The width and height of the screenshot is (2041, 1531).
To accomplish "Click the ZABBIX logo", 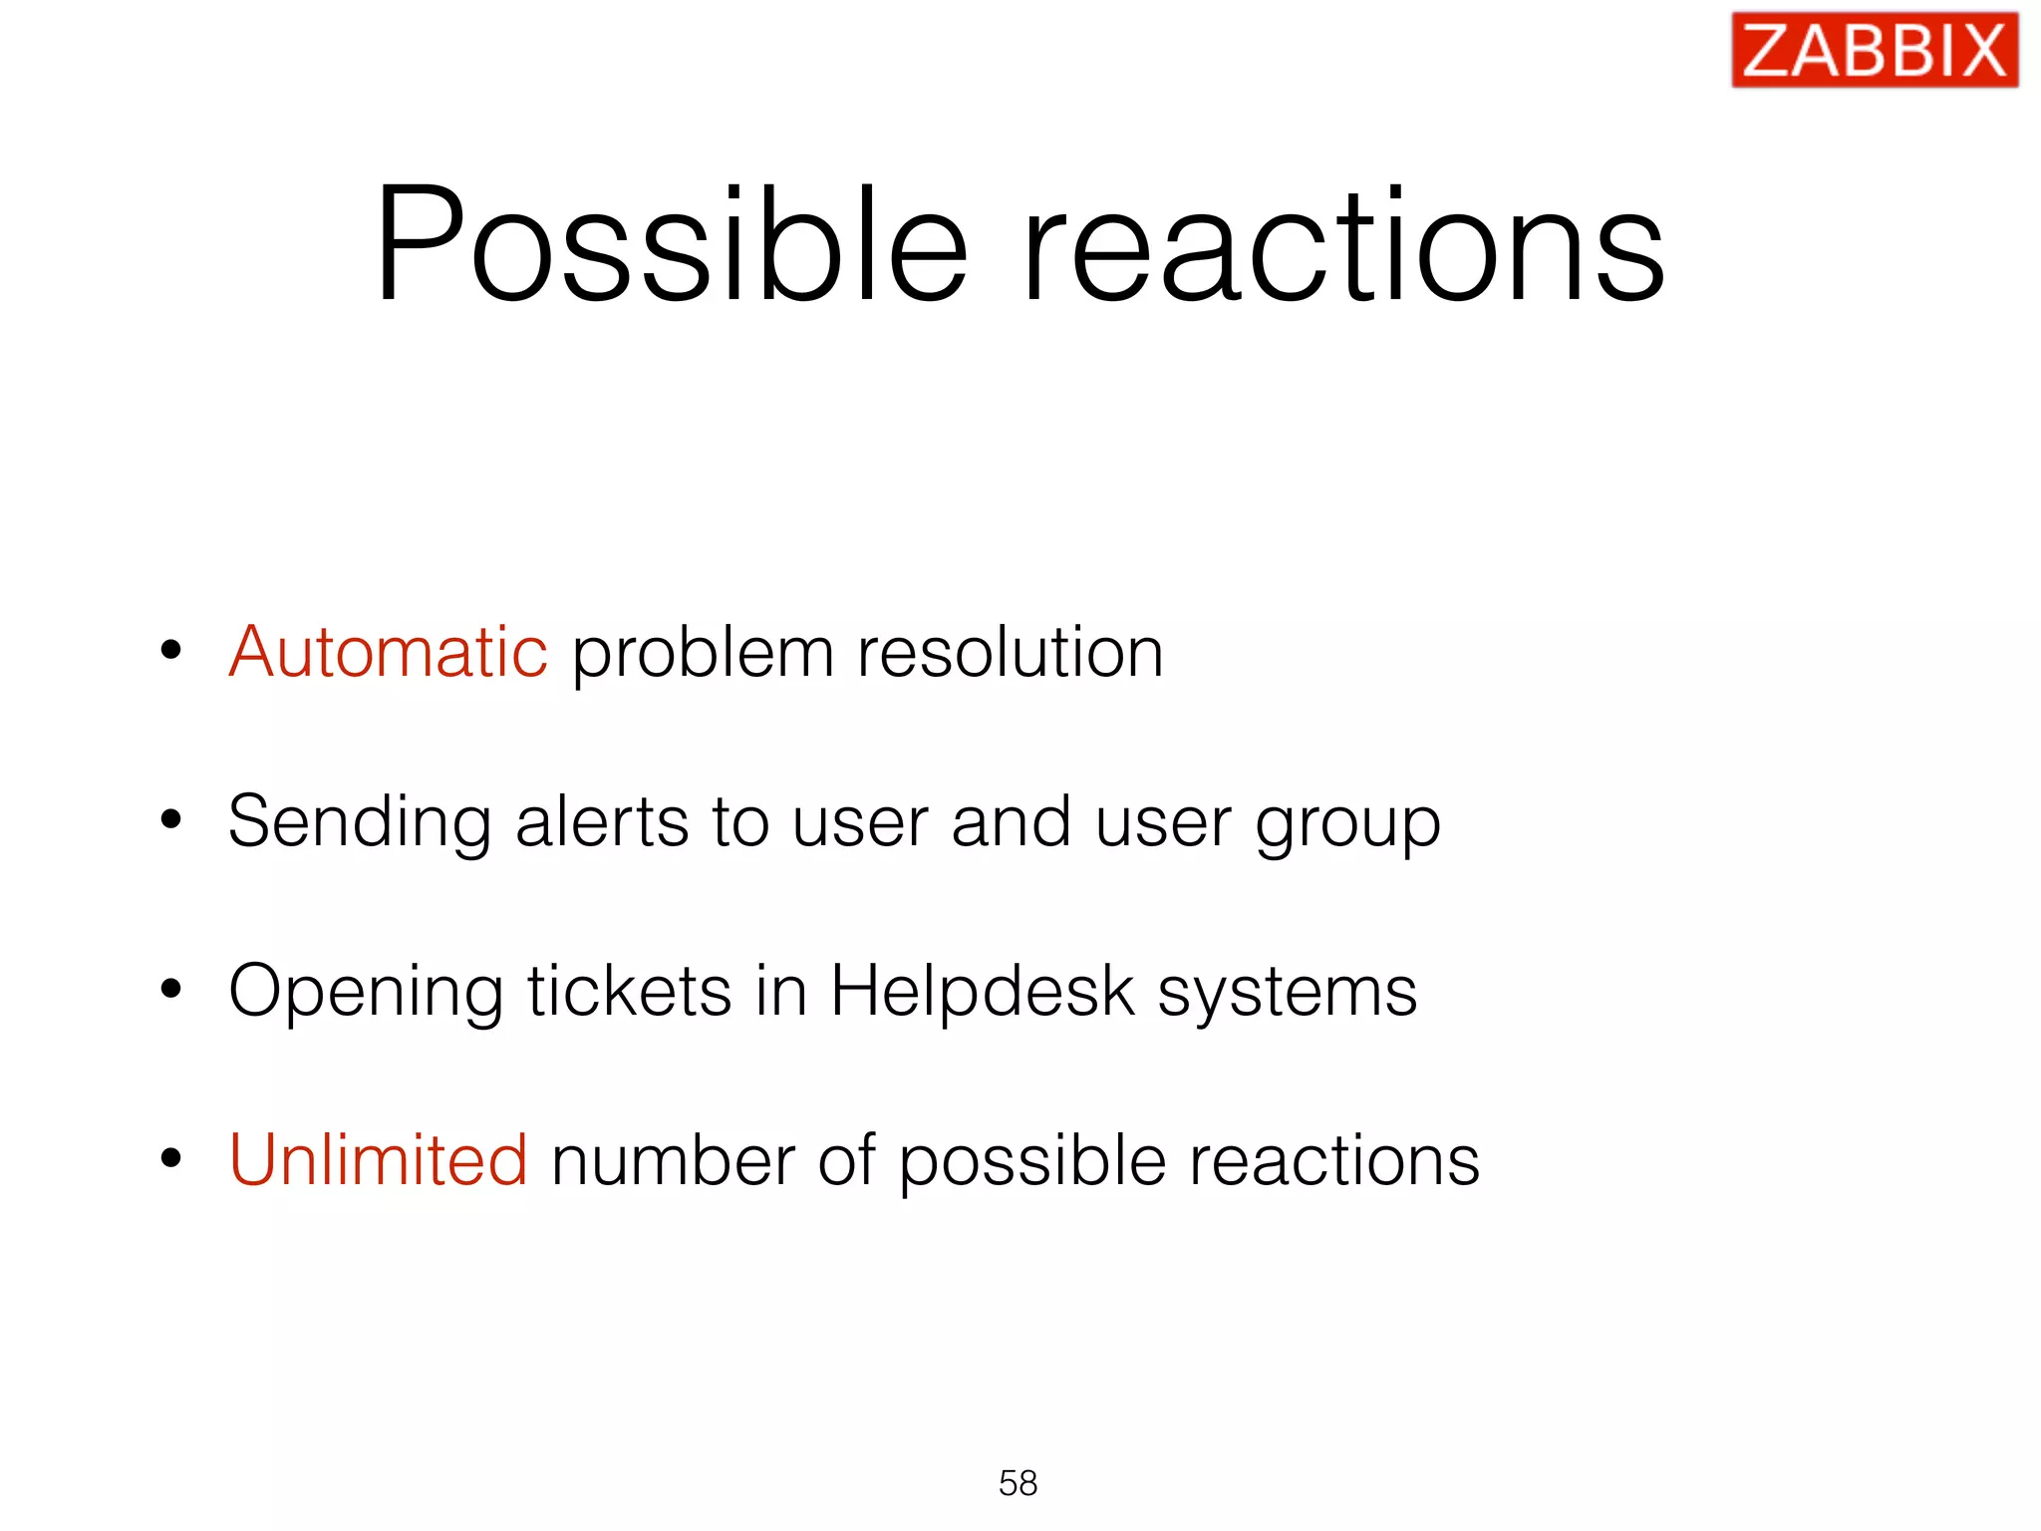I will point(1874,50).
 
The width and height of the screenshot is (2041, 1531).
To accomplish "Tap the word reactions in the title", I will point(1343,244).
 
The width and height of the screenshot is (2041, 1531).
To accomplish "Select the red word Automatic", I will point(388,653).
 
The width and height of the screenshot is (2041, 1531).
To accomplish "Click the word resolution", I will point(1010,653).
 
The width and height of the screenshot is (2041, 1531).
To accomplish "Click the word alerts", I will point(602,823).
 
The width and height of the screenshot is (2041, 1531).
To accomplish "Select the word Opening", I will point(366,993).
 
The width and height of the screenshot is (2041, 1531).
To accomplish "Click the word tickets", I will point(630,991).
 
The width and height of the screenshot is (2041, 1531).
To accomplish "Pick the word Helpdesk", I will point(983,993).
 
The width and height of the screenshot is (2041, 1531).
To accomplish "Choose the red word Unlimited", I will point(378,1160).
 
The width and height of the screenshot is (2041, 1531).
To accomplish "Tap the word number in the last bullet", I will point(673,1162).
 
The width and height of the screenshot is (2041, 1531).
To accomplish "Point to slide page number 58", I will point(1018,1483).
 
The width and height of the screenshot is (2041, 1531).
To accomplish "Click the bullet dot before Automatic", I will point(171,651).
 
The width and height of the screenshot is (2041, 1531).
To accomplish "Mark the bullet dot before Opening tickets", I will point(171,990).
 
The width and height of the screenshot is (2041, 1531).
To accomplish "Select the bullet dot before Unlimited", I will point(171,1159).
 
